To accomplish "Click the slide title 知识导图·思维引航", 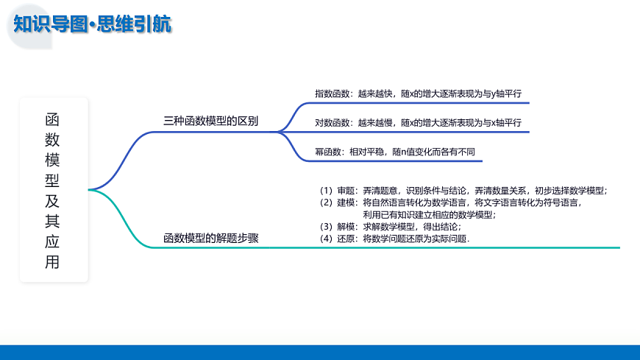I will [x=93, y=24].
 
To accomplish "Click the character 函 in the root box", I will [x=53, y=119].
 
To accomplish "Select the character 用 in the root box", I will [x=53, y=261].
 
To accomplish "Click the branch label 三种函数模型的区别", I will [x=210, y=121].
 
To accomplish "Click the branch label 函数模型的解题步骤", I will [x=210, y=238].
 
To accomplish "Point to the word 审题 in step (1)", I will [x=346, y=191].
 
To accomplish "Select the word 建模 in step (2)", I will [x=346, y=202].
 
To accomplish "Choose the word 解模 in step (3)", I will [x=346, y=226].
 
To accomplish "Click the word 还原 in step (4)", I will [x=346, y=239].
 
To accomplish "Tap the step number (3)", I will [x=326, y=226].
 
